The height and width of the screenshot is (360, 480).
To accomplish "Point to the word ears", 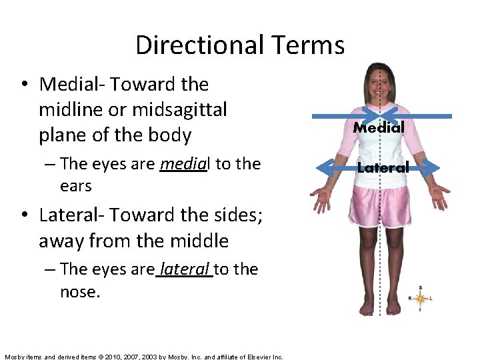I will [x=75, y=186].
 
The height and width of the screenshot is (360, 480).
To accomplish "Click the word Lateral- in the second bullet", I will [x=73, y=215].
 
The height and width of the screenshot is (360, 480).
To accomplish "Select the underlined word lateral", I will [x=185, y=269].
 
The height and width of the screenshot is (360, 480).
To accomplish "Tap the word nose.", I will [x=79, y=291].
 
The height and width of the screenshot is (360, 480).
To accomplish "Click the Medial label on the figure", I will [x=379, y=127].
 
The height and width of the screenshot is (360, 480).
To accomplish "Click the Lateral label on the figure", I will [x=383, y=168].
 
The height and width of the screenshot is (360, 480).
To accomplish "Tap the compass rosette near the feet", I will [x=420, y=298].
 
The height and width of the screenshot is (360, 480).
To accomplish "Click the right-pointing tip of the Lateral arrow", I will [x=436, y=167].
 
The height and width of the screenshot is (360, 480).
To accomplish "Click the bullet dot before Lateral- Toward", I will [x=25, y=215].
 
